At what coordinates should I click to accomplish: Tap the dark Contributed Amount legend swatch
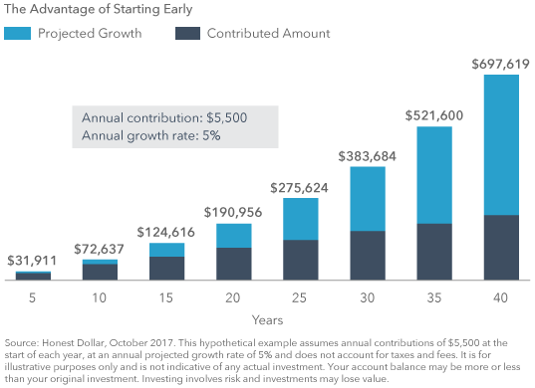pos(186,33)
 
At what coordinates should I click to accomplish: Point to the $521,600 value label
pos(433,116)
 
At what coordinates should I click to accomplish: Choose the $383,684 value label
pos(368,156)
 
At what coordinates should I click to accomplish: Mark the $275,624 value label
pos(301,187)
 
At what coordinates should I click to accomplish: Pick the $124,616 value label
pos(166,232)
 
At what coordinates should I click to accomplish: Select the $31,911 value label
pos(33,261)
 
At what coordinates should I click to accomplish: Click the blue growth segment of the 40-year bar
pos(501,144)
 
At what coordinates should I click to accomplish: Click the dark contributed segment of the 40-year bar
pos(501,247)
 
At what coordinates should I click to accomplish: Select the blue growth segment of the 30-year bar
pos(368,198)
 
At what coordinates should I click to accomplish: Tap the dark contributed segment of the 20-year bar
pos(233,263)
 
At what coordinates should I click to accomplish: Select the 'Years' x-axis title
pos(267,319)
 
